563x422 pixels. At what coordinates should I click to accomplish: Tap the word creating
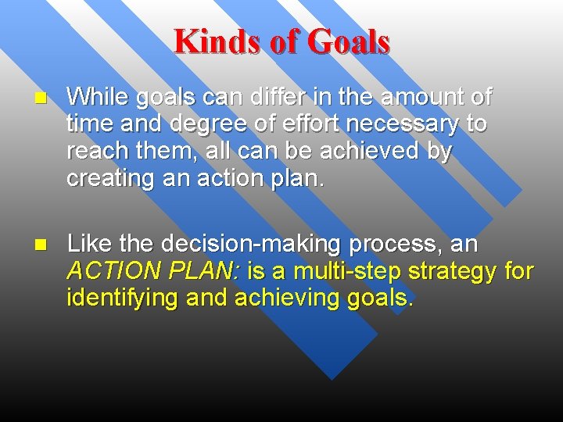(109, 179)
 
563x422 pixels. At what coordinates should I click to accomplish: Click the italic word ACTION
(113, 271)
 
